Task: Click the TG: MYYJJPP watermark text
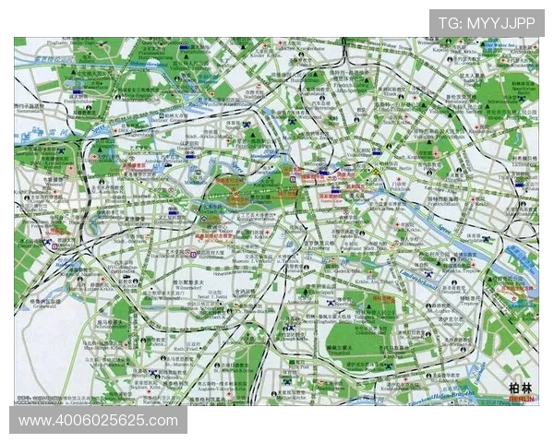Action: coord(487,22)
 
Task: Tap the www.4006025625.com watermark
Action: coord(98,421)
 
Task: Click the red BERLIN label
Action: coord(522,398)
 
